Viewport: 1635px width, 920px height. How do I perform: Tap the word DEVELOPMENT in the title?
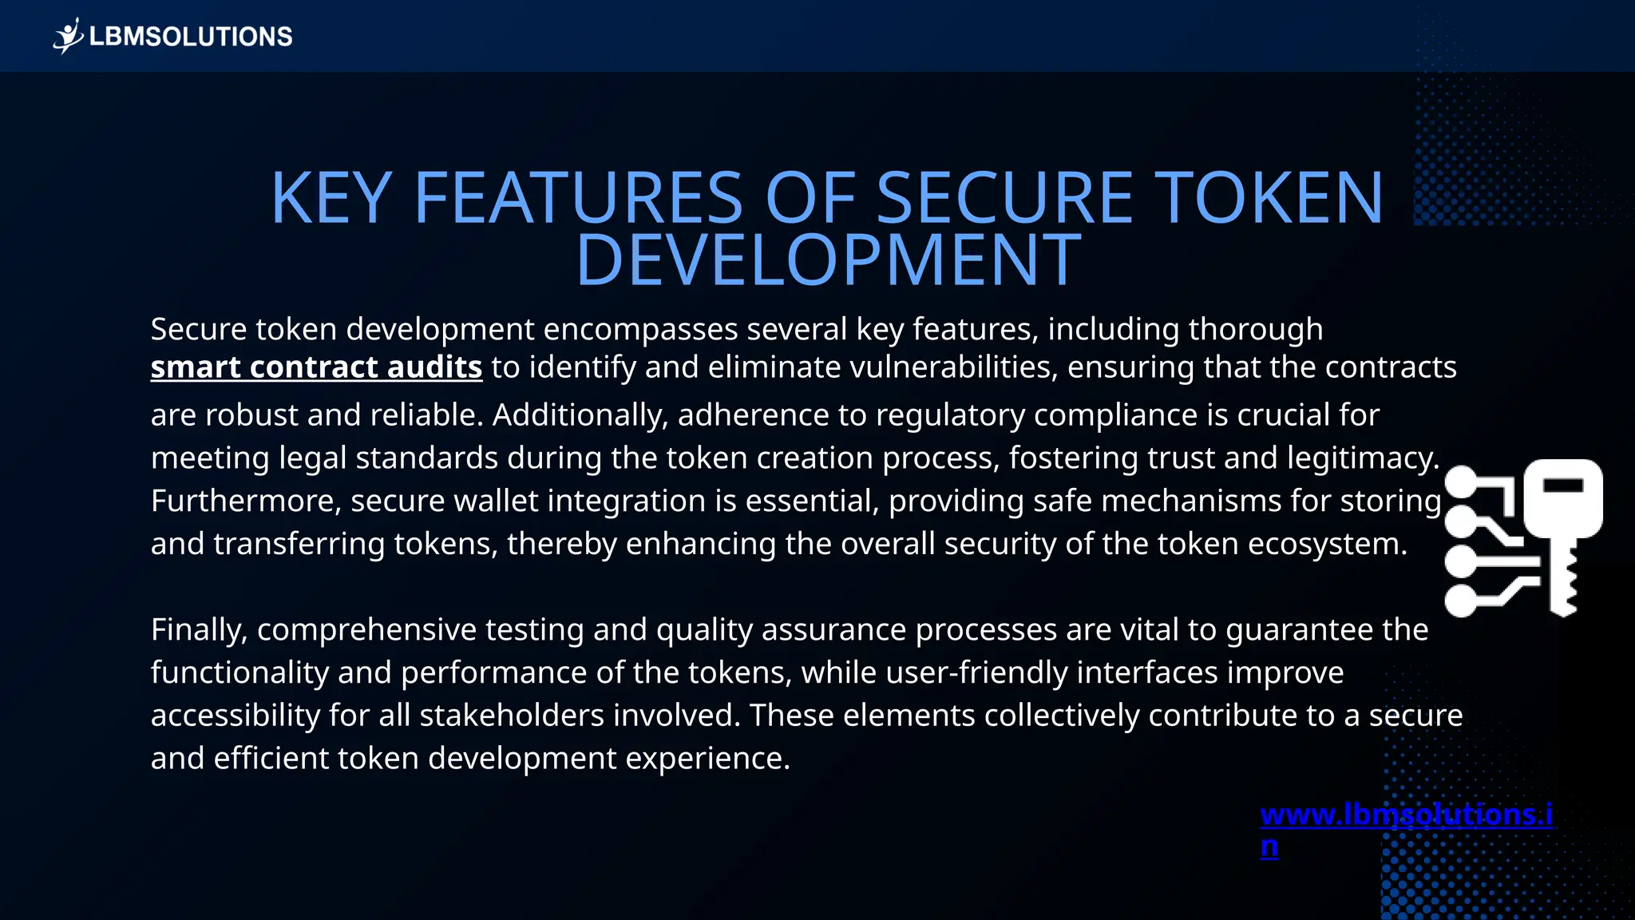click(x=828, y=260)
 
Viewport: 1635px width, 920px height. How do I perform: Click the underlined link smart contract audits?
click(x=316, y=367)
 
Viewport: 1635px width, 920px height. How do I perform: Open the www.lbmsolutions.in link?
click(x=1406, y=815)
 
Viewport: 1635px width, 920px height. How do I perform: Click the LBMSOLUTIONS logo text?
click(x=191, y=37)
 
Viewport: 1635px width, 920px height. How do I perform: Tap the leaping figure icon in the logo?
click(x=69, y=36)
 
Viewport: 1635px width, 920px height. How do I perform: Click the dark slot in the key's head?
click(x=1562, y=485)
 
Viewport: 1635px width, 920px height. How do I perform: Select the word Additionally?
click(x=580, y=415)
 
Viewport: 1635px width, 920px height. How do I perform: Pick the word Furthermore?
click(x=246, y=502)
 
